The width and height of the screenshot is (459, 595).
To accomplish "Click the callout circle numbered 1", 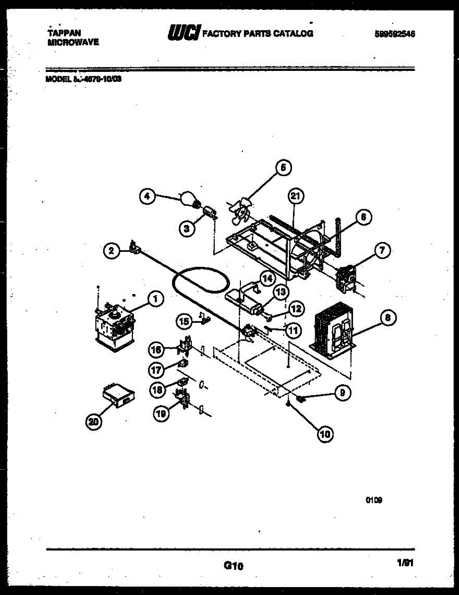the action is tap(155, 298).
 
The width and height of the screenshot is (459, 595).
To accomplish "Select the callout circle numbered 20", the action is tap(93, 421).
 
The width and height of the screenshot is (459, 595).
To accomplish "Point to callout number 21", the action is tap(295, 197).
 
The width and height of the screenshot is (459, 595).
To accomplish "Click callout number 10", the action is tap(325, 434).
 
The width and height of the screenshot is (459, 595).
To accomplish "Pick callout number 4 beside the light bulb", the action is tap(146, 197).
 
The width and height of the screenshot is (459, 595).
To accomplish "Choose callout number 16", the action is tap(156, 350).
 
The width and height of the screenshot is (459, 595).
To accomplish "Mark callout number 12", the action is tap(296, 308).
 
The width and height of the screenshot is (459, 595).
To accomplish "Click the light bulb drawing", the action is tap(190, 200).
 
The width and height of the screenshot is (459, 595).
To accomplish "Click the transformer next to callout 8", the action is tap(333, 330).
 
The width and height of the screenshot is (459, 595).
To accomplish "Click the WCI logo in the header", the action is tap(184, 33).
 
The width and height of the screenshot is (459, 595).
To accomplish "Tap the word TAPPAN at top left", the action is tap(60, 33).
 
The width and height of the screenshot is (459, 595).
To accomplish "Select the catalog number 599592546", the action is tap(395, 34).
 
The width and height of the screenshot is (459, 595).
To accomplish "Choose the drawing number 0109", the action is tap(374, 501).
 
